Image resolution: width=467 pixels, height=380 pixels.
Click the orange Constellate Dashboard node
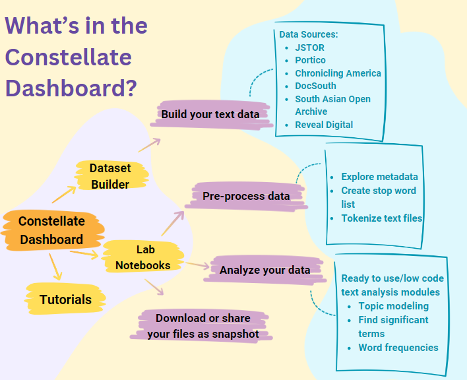(51, 230)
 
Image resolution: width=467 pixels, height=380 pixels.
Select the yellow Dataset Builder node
(110, 176)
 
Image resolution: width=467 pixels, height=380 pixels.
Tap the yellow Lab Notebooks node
(143, 257)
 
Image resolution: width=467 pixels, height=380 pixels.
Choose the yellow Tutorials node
(65, 300)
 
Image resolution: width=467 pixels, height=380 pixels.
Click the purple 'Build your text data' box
(210, 113)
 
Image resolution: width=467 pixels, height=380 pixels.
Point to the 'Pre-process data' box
(246, 196)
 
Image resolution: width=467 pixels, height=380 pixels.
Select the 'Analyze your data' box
(265, 270)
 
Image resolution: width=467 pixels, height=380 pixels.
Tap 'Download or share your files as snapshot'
(202, 326)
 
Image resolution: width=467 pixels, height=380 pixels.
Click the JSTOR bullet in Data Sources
(309, 47)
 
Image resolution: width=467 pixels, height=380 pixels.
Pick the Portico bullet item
(310, 60)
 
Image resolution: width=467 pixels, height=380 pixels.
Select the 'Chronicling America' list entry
(338, 73)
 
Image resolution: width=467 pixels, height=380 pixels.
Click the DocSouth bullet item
(315, 86)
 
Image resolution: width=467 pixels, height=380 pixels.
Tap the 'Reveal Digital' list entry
(324, 125)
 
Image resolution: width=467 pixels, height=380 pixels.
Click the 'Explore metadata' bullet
(379, 177)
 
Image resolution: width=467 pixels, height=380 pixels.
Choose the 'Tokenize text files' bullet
(381, 218)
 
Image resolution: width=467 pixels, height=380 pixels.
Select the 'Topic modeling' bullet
(393, 306)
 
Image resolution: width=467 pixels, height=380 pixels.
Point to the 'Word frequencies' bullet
(398, 347)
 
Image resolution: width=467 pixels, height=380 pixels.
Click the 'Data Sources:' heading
(309, 34)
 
